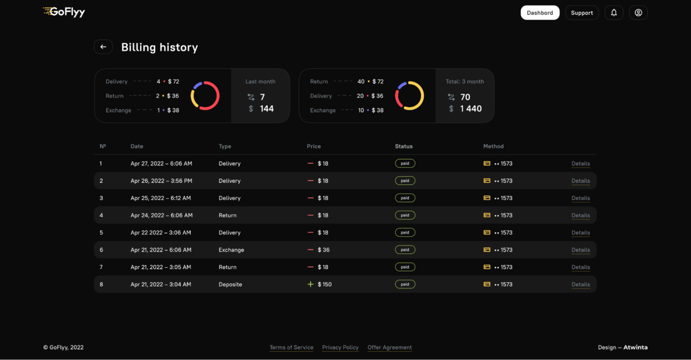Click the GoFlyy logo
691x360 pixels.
[64, 12]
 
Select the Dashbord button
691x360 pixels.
[540, 13]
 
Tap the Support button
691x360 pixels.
[582, 13]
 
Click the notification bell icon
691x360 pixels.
[614, 13]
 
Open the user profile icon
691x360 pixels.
[638, 13]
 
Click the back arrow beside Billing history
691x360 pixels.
[103, 47]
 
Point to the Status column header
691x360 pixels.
[404, 146]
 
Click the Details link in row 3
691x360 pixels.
[581, 198]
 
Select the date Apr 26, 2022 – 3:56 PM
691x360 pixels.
[161, 181]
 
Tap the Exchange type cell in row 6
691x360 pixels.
[231, 250]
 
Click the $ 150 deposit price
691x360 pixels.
[324, 285]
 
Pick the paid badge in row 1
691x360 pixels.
[405, 163]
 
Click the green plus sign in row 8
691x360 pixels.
[310, 284]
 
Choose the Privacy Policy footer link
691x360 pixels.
[340, 348]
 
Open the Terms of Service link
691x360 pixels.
[291, 348]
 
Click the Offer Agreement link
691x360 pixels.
[389, 348]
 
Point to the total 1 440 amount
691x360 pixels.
[471, 109]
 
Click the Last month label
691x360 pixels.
[260, 81]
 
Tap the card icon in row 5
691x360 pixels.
[487, 233]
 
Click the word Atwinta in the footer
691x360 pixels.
[635, 348]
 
